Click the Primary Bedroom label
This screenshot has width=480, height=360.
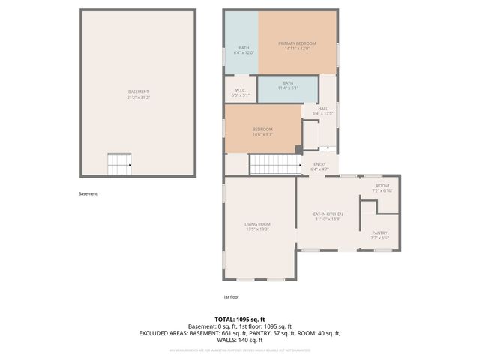pyautogui.click(x=297, y=43)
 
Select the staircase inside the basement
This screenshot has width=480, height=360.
pyautogui.click(x=120, y=163)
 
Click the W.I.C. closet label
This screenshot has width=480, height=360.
pyautogui.click(x=239, y=91)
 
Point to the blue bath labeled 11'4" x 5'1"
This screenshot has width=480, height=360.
pyautogui.click(x=288, y=86)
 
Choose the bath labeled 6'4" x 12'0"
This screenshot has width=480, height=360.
pyautogui.click(x=244, y=49)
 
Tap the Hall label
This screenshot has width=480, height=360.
pyautogui.click(x=322, y=108)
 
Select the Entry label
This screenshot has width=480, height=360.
pyautogui.click(x=319, y=164)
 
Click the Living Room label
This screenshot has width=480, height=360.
pyautogui.click(x=257, y=224)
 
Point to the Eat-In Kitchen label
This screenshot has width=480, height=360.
pyautogui.click(x=328, y=214)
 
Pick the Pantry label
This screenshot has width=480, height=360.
pyautogui.click(x=380, y=232)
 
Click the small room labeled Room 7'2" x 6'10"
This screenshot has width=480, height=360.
pyautogui.click(x=382, y=187)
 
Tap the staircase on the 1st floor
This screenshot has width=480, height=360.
pyautogui.click(x=274, y=164)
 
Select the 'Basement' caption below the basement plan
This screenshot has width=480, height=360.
pyautogui.click(x=88, y=193)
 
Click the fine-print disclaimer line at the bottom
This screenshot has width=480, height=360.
pyautogui.click(x=239, y=349)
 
